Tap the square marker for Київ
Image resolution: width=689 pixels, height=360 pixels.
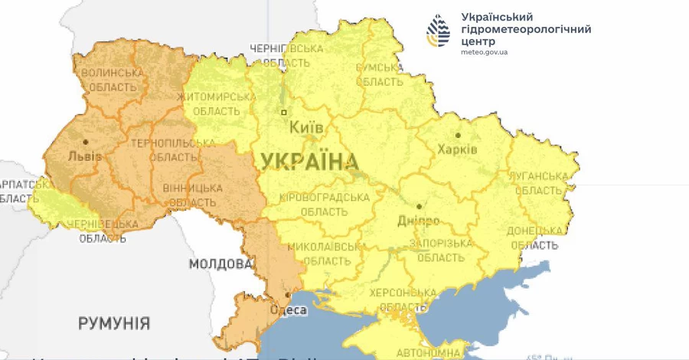pyautogui.click(x=284, y=112)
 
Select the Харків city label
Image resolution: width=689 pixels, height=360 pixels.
pyautogui.click(x=458, y=149)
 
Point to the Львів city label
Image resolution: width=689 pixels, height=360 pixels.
pyautogui.click(x=84, y=156)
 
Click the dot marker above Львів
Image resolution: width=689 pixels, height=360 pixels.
pyautogui.click(x=86, y=142)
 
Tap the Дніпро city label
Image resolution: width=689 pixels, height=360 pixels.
pyautogui.click(x=419, y=221)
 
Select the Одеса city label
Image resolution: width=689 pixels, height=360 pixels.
pyautogui.click(x=289, y=310)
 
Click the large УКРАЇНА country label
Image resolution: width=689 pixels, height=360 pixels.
pyautogui.click(x=310, y=162)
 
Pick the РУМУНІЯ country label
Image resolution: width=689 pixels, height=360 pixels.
pyautogui.click(x=114, y=323)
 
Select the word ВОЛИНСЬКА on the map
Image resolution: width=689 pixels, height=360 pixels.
pyautogui.click(x=113, y=73)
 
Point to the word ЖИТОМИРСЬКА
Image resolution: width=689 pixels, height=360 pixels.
pyautogui.click(x=216, y=97)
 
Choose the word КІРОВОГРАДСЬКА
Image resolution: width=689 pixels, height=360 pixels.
pyautogui.click(x=325, y=197)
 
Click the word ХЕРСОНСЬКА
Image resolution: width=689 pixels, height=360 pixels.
pyautogui.click(x=403, y=293)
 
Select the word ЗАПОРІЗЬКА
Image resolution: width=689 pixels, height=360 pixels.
pyautogui.click(x=439, y=244)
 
